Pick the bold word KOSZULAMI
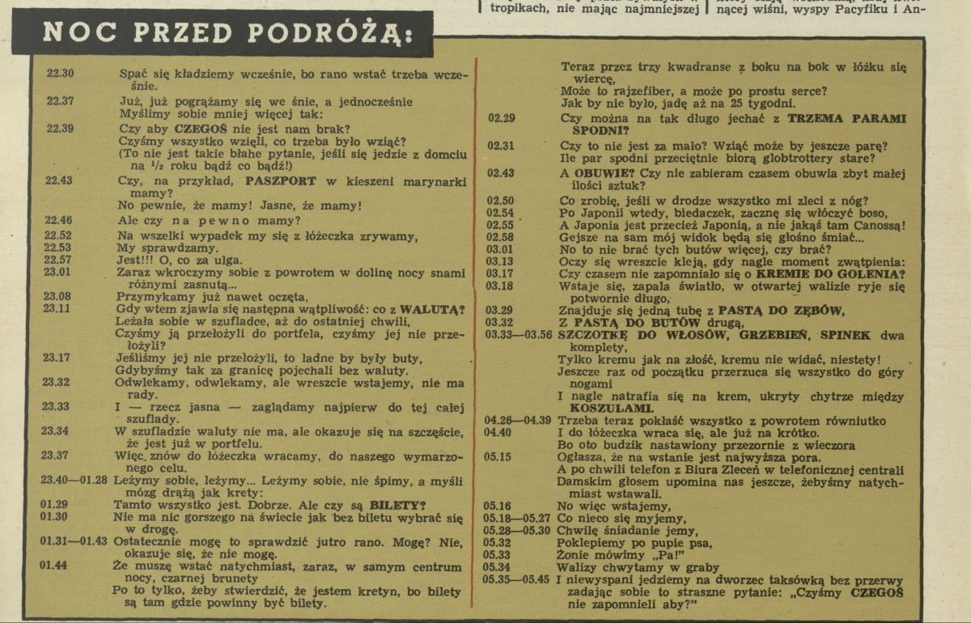(x=595, y=409)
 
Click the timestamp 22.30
(x=61, y=74)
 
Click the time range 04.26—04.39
(x=517, y=421)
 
